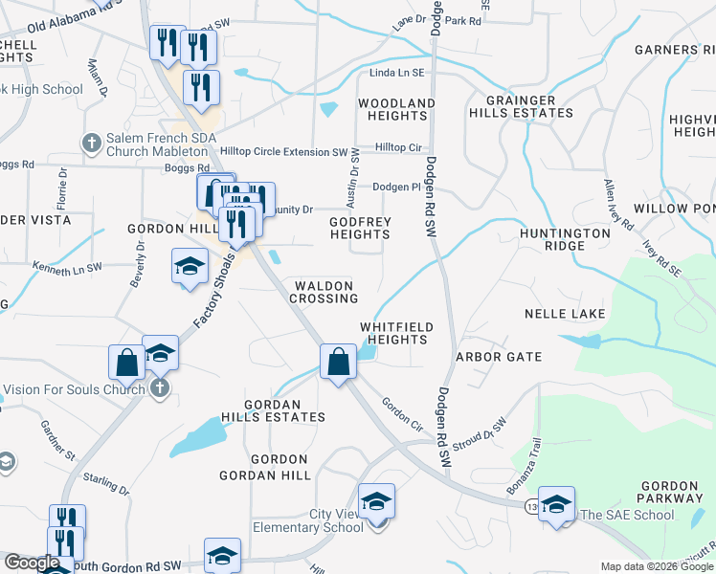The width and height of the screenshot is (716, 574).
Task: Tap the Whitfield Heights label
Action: pos(396,333)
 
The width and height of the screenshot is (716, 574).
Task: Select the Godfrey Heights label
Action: pos(360,228)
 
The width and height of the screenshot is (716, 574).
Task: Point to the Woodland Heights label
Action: pos(396,109)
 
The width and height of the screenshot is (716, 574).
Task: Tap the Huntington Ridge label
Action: pos(565,239)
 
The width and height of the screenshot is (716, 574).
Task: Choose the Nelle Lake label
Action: pos(559,314)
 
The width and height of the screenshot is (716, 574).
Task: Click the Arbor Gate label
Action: pos(499,357)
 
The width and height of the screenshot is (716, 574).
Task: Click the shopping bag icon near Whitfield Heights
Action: pos(337,362)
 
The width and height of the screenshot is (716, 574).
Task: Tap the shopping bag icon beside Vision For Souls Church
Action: pos(126,363)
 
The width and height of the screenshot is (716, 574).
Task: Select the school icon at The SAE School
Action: pos(556,504)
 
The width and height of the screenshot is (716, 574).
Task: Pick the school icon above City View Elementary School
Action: pos(376,501)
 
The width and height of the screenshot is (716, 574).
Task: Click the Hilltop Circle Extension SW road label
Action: pos(284,152)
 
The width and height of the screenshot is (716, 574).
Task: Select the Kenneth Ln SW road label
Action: pos(66,269)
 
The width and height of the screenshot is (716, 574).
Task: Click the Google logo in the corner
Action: pos(32,563)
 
